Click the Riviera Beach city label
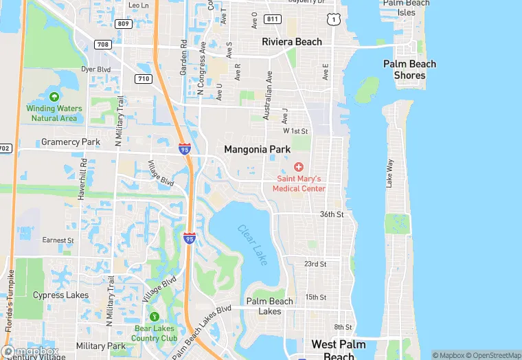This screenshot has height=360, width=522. pos(291,42)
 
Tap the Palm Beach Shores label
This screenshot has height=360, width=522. pos(409,69)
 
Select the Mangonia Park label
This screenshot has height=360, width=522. pos(257,149)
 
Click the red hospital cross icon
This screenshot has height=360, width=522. pos(299,167)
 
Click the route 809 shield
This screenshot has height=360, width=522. pos(124,24)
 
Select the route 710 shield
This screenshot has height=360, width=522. pos(144,79)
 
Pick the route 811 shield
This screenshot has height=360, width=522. pos(273,19)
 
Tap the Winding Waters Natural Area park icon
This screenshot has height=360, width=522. pos(54,97)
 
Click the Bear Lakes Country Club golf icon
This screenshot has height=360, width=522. pos(155,317)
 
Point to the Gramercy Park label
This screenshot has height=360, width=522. pos(71,142)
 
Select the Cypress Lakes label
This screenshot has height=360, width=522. pos(60,295)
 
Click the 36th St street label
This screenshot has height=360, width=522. pos(331,214)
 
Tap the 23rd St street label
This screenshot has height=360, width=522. pos(315,264)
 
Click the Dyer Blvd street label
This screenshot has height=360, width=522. pos(95,69)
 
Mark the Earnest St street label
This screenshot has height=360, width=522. pos(58,240)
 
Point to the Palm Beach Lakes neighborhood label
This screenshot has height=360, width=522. pos(269,306)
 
